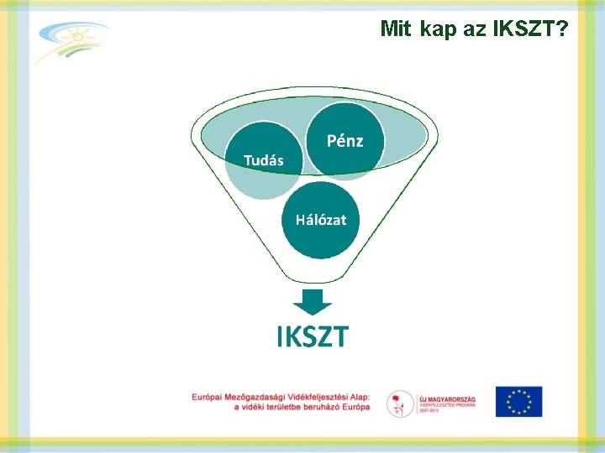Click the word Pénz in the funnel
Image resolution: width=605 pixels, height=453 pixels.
point(345,141)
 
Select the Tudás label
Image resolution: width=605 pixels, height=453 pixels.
point(263,160)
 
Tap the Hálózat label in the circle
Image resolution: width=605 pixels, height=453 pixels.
point(320,220)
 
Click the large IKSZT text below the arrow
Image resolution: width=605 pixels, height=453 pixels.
point(313,337)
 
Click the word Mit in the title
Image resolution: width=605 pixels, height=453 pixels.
point(396,29)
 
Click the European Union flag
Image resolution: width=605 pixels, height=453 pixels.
point(518,402)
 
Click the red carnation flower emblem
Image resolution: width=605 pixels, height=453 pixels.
point(399,404)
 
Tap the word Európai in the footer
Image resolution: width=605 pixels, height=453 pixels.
point(210,397)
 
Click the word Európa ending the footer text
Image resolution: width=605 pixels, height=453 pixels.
point(352,407)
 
